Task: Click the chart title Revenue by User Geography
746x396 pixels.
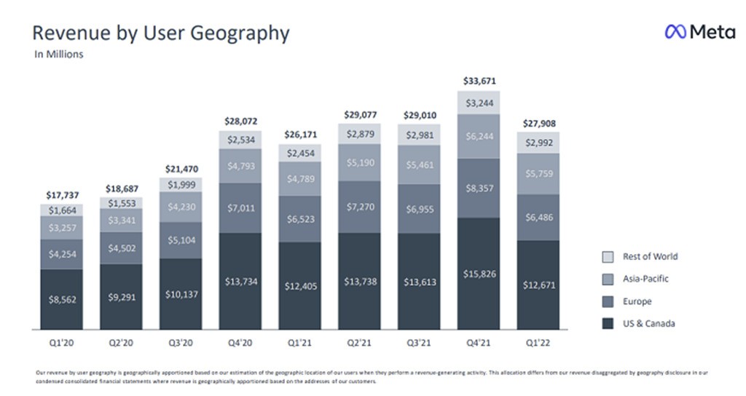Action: point(161,33)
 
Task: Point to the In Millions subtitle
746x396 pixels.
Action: point(59,54)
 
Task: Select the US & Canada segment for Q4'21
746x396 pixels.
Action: point(479,273)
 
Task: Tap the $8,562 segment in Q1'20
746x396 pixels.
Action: point(62,298)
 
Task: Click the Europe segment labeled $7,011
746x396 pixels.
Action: point(240,208)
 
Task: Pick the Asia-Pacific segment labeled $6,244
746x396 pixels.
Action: point(479,135)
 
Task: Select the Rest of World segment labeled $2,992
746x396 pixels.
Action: point(539,143)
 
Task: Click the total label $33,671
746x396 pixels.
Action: point(479,81)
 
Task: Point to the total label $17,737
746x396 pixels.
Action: point(62,194)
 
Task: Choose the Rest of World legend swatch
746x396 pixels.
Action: point(608,257)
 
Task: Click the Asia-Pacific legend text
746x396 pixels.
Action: point(645,279)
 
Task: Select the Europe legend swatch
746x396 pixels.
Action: point(608,301)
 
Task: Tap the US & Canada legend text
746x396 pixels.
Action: point(648,324)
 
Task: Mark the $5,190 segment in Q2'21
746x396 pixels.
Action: point(360,162)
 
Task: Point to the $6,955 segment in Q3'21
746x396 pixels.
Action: point(420,208)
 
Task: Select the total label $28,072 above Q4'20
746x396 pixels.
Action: point(240,121)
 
